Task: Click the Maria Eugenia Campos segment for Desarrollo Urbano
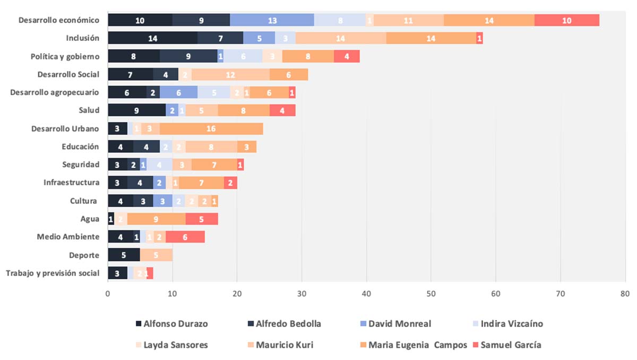(x=211, y=128)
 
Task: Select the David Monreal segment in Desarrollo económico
(x=272, y=20)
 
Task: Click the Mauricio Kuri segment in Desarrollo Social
(x=231, y=74)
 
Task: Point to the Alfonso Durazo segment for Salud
(x=137, y=110)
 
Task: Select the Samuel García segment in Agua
(x=202, y=219)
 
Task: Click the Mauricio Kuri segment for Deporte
(x=156, y=255)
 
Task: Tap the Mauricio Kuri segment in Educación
(x=211, y=147)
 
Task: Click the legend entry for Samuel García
(x=511, y=345)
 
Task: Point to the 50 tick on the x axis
(x=431, y=293)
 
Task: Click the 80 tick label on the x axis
(x=625, y=293)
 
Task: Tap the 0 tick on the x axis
(x=108, y=293)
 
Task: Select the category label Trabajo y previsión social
(x=53, y=273)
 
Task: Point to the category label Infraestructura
(x=72, y=183)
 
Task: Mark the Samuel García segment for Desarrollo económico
(x=567, y=20)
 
